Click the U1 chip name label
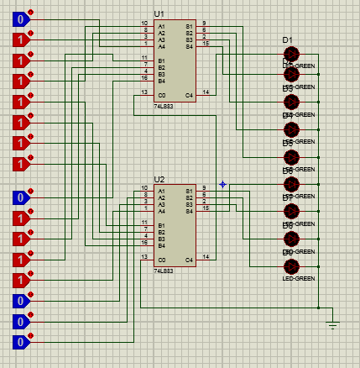tap(159, 15)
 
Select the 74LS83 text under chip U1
tap(163, 108)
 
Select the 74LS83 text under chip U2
tap(163, 271)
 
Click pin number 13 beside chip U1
tap(144, 91)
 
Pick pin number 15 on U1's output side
tap(205, 43)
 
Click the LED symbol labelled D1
tap(291, 53)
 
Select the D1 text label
tap(287, 40)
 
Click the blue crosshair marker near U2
tap(222, 184)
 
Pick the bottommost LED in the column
tap(291, 266)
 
